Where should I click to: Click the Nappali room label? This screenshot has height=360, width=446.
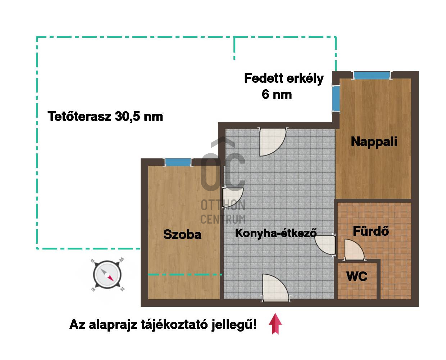pos(374,142)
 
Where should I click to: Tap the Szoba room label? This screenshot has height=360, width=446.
pos(182,234)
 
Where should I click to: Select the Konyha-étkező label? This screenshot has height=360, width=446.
pos(276,233)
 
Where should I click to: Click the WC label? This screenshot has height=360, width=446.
pos(357,276)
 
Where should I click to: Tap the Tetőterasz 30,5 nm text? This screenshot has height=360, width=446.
pos(105,116)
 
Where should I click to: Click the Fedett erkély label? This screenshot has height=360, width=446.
pos(284,79)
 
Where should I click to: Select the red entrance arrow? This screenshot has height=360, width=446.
pos(275,324)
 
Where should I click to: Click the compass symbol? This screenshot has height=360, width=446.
pos(107,275)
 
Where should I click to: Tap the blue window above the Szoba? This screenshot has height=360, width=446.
pos(178,162)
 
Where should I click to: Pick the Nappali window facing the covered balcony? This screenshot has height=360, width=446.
pos(336,98)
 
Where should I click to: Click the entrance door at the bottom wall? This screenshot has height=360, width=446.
pos(276,288)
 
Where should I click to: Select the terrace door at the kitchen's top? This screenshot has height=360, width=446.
pos(273,142)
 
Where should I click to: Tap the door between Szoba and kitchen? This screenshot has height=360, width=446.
pos(232,198)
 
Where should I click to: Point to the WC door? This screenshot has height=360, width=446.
pos(354,249)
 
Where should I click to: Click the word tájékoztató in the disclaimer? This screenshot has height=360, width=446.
pos(174,325)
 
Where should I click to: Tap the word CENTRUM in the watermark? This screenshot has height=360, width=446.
pos(223,219)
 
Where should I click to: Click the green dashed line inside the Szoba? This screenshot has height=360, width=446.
pos(185,275)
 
